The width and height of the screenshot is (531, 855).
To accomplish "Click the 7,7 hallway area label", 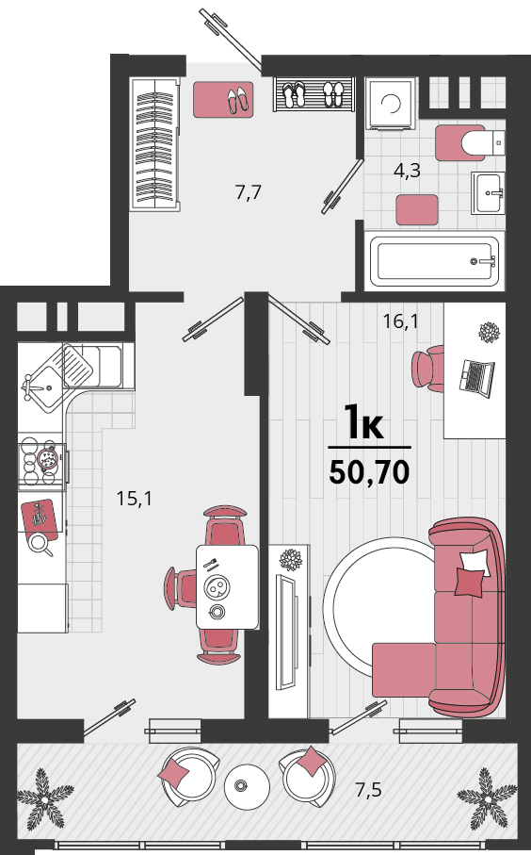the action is (249, 192).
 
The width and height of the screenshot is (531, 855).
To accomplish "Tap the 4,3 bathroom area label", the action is (407, 171).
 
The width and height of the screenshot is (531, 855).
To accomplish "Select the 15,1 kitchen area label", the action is (134, 498).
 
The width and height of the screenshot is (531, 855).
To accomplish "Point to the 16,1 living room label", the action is (400, 321).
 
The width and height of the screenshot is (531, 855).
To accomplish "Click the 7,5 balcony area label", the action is (368, 789).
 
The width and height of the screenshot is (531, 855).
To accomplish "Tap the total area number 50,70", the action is (369, 472).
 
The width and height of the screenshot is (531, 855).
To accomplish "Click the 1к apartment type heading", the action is (363, 421).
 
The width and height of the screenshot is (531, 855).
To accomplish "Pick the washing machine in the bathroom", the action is (391, 103).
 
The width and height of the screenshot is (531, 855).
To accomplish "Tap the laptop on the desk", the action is (477, 377).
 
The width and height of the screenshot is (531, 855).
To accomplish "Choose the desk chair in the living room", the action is (428, 368).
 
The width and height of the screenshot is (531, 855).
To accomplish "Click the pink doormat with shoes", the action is (223, 99).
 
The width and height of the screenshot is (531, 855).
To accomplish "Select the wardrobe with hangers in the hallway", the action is (155, 143).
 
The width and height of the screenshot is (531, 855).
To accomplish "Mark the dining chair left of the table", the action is (181, 588).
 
